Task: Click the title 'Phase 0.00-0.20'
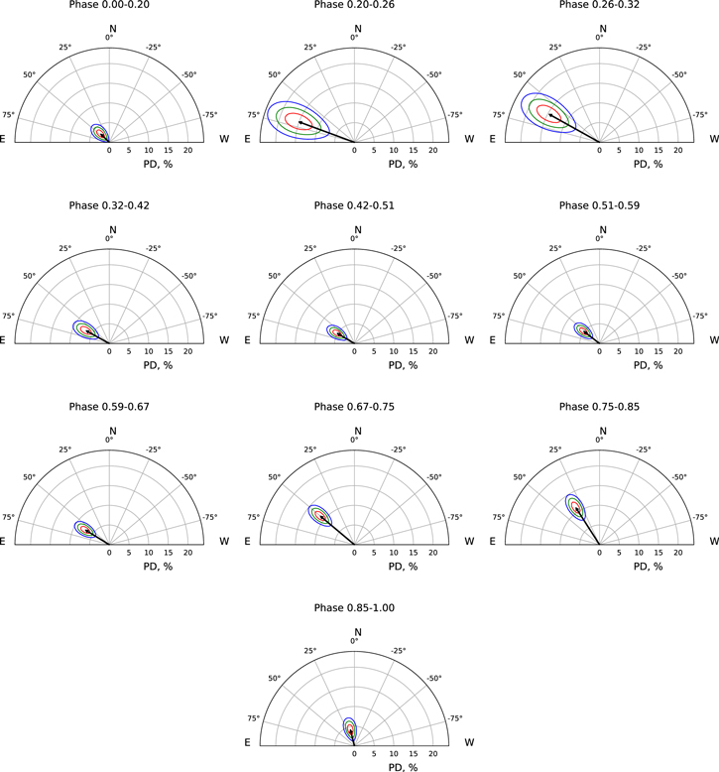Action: pos(109,5)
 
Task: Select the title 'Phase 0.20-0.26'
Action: pos(354,5)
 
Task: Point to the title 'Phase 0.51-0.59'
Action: pos(599,205)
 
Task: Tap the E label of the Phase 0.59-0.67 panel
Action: pos(3,542)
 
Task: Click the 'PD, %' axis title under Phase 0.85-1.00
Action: pos(354,767)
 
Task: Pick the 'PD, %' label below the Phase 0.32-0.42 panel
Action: pos(109,365)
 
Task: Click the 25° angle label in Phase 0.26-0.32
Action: pos(555,48)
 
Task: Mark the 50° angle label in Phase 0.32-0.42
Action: pos(29,276)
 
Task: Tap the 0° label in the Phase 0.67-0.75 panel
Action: pos(354,441)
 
